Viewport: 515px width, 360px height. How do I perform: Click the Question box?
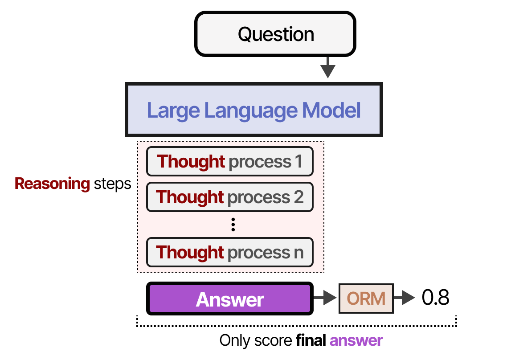pos(275,34)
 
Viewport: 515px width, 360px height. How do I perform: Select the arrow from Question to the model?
pos(328,68)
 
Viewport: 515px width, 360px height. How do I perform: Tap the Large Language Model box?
pos(254,110)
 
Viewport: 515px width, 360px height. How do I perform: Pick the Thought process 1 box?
pos(230,161)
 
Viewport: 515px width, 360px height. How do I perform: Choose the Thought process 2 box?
pos(230,196)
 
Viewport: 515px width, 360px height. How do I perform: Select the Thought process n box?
pos(230,252)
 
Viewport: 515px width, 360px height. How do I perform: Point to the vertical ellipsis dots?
pos(233,225)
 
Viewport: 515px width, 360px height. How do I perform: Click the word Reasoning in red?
pos(53,184)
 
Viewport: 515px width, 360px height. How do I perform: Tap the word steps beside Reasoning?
pos(113,184)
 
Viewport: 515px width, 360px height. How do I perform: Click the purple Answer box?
pos(230,299)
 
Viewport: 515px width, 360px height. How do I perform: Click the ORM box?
pos(366,298)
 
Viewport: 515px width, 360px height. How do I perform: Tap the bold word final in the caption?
pos(312,341)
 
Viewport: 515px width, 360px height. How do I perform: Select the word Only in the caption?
pos(234,341)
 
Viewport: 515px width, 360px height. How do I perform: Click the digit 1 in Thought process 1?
pos(298,161)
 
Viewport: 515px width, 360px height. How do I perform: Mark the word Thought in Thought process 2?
pos(190,196)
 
